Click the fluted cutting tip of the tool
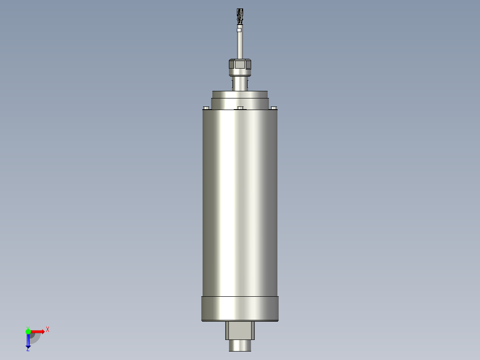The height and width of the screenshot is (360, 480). point(240,16)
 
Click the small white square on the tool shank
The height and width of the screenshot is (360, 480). point(240,30)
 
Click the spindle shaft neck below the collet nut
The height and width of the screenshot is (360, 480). point(240,83)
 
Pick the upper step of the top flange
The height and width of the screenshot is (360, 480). point(240,94)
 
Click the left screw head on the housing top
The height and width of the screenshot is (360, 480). point(206,107)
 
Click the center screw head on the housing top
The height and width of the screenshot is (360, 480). point(240,107)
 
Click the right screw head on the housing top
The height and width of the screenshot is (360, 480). point(273,107)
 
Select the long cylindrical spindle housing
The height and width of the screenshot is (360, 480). point(240,200)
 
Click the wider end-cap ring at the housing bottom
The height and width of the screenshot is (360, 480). point(240,308)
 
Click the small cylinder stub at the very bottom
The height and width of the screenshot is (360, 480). point(240,346)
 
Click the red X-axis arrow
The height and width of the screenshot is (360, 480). point(38,331)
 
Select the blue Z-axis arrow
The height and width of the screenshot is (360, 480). point(28,341)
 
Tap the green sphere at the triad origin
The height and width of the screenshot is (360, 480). point(28,331)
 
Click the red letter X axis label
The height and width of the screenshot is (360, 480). point(48,330)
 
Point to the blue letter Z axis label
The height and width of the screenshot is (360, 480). point(28,350)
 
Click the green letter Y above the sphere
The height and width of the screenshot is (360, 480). point(28,327)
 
